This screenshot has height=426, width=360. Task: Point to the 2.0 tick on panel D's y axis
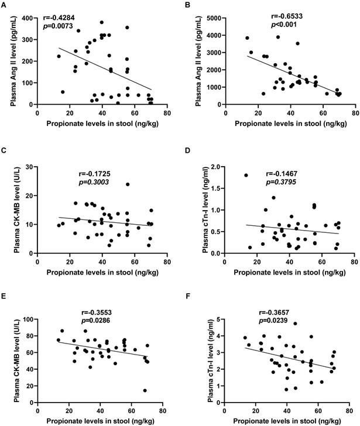215,167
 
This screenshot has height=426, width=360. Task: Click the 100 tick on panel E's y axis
28,319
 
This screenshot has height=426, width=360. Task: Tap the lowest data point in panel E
144,390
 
